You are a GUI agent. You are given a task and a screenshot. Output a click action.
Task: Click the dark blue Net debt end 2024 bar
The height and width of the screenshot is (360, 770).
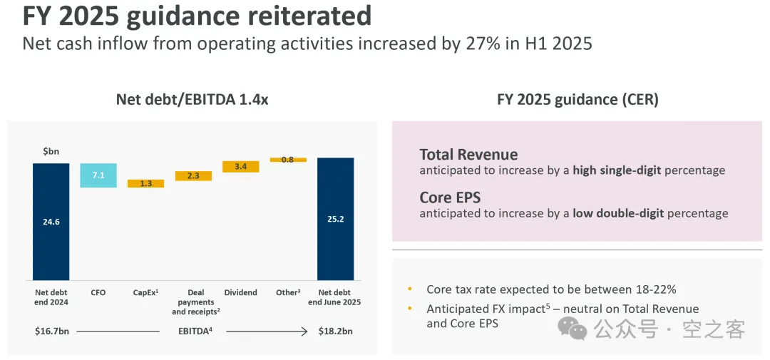pyautogui.click(x=51, y=221)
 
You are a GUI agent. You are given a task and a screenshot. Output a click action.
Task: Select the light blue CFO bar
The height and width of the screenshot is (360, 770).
pyautogui.click(x=98, y=175)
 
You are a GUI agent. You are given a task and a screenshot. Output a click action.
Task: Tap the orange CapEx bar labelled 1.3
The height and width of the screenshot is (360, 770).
pyautogui.click(x=145, y=183)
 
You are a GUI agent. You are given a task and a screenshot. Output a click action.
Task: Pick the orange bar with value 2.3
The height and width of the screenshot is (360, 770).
pyautogui.click(x=193, y=175)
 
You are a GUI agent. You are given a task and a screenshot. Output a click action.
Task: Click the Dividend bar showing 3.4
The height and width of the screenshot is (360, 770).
pyautogui.click(x=240, y=167)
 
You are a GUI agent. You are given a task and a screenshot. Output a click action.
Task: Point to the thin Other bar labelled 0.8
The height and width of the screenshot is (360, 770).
pyautogui.click(x=287, y=160)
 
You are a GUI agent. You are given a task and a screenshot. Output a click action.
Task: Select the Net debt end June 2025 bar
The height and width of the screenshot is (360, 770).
pyautogui.click(x=335, y=219)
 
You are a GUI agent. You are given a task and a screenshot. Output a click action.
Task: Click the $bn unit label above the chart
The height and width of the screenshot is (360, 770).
pyautogui.click(x=50, y=151)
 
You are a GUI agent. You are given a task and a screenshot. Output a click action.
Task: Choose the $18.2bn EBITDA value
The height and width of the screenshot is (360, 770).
pyautogui.click(x=334, y=331)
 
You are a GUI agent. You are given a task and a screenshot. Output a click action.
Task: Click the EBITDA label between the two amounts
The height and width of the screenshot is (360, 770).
pyautogui.click(x=193, y=331)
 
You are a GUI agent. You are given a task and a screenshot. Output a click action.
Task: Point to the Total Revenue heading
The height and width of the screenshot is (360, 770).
pyautogui.click(x=468, y=155)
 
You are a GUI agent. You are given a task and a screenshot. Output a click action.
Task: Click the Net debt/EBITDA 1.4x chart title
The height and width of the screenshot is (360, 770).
pyautogui.click(x=192, y=100)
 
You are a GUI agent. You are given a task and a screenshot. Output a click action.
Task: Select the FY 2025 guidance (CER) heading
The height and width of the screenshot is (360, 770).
pyautogui.click(x=577, y=100)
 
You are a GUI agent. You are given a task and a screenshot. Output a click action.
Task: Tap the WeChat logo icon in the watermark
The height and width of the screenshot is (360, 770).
pyautogui.click(x=573, y=329)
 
